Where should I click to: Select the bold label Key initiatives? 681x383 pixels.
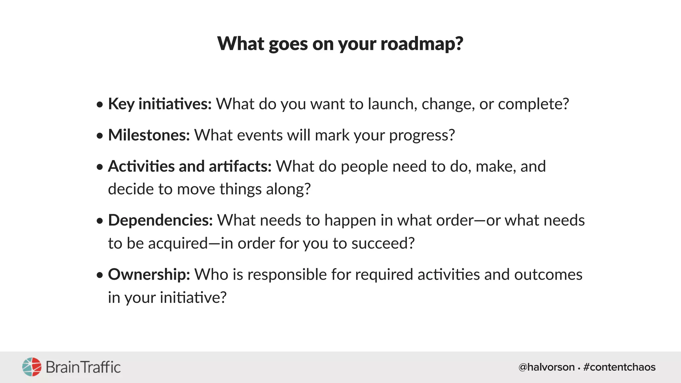160,104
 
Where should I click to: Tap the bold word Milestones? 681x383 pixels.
149,135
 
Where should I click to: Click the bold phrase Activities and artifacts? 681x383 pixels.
190,166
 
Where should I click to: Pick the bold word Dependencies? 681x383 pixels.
160,220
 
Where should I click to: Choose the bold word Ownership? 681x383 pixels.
149,275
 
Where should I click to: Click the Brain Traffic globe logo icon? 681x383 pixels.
32,367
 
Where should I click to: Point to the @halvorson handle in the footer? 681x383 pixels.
546,367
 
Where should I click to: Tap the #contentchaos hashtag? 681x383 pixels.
619,367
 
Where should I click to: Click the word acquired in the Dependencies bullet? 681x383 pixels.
178,244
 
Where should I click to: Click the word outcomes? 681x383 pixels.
548,275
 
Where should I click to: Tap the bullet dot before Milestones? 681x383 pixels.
100,136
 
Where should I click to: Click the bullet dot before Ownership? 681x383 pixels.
100,275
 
